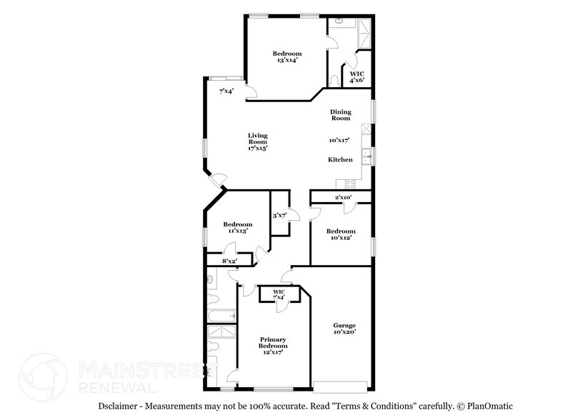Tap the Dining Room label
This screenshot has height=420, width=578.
(x=340, y=115)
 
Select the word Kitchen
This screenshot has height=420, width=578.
(x=340, y=159)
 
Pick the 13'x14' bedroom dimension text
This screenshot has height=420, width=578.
(x=286, y=61)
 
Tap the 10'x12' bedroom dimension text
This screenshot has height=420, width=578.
(x=341, y=238)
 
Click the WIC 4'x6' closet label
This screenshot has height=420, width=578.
(x=357, y=76)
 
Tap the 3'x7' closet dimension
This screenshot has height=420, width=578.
(x=279, y=216)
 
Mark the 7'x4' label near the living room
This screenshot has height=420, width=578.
(x=226, y=91)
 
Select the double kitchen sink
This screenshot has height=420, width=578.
(x=366, y=153)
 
